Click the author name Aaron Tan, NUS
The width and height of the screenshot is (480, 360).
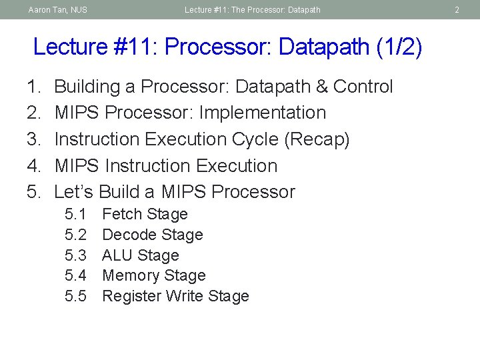coord(58,10)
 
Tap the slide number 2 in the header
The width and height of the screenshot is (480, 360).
coord(457,10)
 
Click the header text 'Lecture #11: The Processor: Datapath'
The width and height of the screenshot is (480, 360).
coord(253,10)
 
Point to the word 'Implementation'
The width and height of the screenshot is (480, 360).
coord(263,113)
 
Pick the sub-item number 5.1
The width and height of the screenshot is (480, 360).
coord(75,215)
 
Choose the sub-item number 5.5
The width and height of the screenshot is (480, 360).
coord(75,296)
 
